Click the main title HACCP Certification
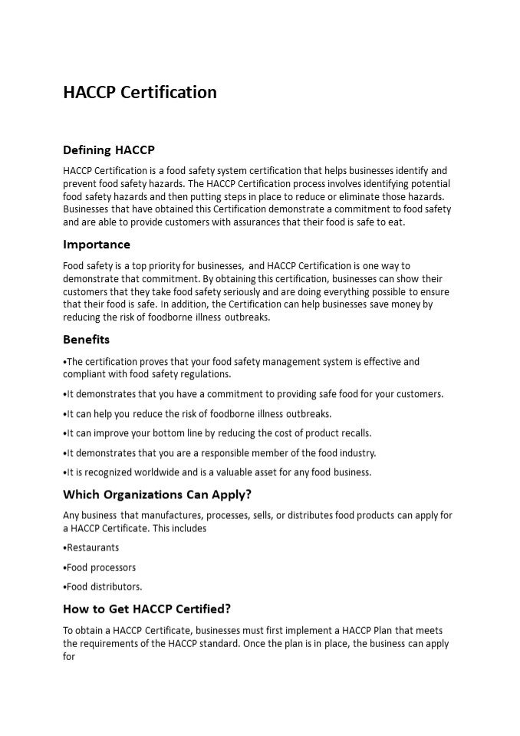140,92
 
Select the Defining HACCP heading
108,149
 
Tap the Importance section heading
97,245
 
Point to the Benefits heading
86,339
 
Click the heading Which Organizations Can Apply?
157,494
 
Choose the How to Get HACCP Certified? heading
146,609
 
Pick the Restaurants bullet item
92,547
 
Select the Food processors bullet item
100,567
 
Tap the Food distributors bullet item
104,586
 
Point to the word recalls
355,433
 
